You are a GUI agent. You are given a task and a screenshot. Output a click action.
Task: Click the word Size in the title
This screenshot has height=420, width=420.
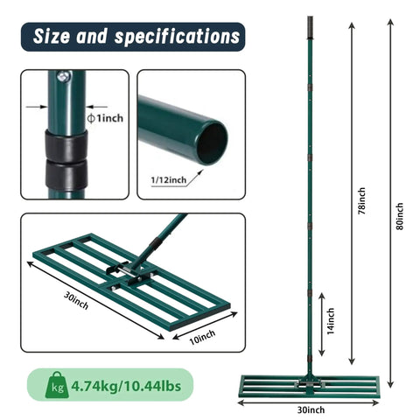click(52, 36)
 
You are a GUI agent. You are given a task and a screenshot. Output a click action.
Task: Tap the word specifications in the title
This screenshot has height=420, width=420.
click(178, 38)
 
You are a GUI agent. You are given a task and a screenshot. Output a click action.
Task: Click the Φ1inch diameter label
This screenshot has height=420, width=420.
click(105, 118)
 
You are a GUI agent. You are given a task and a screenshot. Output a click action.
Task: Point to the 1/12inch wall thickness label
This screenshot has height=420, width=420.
click(169, 180)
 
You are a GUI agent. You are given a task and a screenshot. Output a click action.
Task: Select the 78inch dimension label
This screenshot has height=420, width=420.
click(361, 201)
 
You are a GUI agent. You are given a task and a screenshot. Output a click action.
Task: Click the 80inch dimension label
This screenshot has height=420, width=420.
click(400, 216)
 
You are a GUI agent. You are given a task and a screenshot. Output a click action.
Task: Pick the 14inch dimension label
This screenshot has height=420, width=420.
click(331, 321)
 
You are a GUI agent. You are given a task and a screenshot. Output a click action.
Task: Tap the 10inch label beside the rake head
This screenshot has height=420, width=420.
click(202, 337)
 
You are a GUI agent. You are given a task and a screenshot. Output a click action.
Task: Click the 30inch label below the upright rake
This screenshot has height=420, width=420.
click(311, 409)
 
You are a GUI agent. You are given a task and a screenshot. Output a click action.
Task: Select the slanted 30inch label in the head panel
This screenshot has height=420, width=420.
click(76, 300)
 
